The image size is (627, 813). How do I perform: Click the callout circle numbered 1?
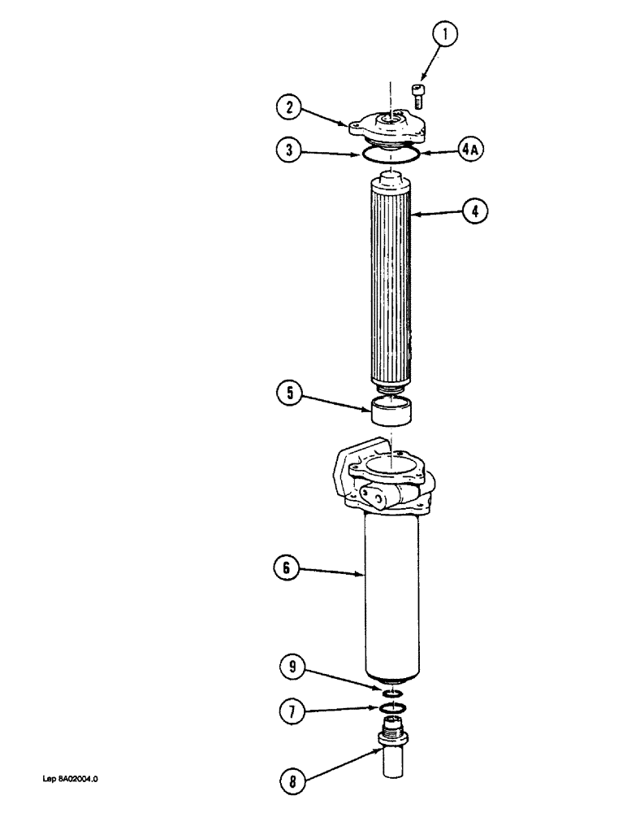[445, 35]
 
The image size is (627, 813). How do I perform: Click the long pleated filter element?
[393, 285]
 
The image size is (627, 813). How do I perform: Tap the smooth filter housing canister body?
[394, 593]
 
